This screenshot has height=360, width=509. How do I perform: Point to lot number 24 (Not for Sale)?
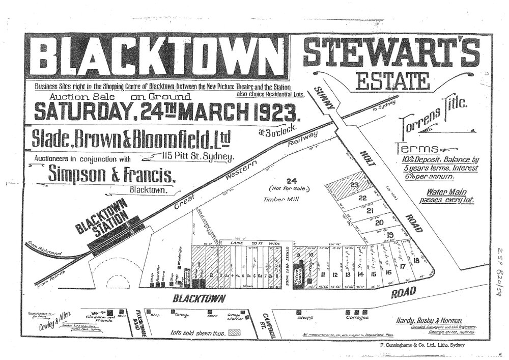point(291,181)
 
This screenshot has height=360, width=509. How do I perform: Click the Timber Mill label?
point(276,200)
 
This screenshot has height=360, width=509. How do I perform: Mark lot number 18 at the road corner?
point(416,261)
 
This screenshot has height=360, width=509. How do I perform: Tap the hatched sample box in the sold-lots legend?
point(235,331)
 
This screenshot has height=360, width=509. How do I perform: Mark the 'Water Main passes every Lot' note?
point(448,197)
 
